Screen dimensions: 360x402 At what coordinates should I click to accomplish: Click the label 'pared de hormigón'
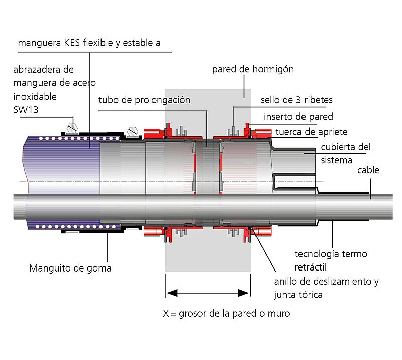[253, 69]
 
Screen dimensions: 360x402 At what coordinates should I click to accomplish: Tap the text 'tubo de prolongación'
[144, 100]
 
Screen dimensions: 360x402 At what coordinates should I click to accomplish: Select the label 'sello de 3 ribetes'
[296, 100]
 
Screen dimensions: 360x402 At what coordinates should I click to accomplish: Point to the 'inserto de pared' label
[298, 117]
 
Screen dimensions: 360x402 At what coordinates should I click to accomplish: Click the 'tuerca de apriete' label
[311, 132]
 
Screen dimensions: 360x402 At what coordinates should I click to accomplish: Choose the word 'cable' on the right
[368, 170]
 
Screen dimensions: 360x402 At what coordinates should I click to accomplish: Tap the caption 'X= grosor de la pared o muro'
[226, 313]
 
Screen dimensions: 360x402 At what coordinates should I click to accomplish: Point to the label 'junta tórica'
[298, 294]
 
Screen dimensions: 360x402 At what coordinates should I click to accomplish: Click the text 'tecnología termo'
[331, 254]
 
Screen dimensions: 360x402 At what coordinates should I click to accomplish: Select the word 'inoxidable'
[35, 96]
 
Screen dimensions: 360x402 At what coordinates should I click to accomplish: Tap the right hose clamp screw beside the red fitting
[133, 131]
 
